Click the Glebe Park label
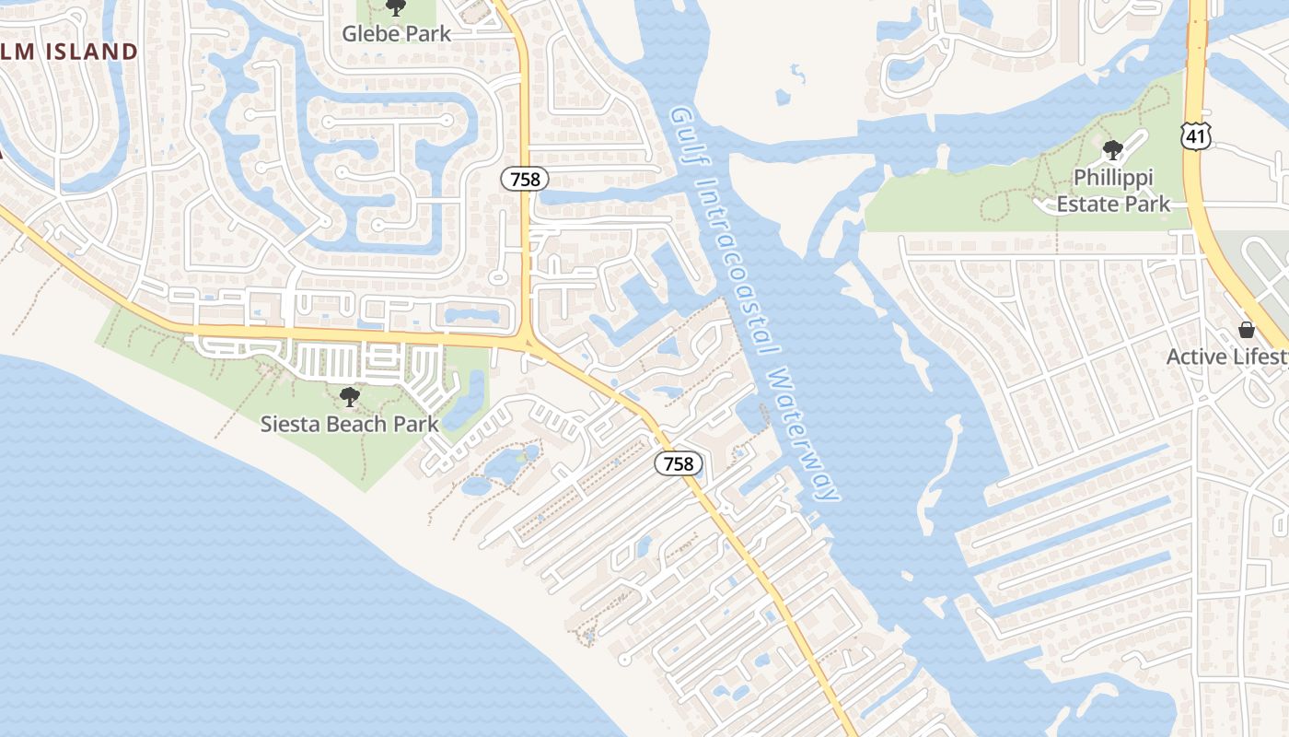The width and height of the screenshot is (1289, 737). (x=397, y=34)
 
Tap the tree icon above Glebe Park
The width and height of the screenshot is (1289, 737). (x=396, y=8)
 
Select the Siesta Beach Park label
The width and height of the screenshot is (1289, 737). (x=349, y=425)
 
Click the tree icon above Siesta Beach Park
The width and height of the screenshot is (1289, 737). (x=349, y=397)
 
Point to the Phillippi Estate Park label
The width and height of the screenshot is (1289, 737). (x=1113, y=190)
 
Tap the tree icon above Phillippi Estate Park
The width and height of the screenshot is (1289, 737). (x=1112, y=149)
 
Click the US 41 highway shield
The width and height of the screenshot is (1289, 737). (x=1196, y=137)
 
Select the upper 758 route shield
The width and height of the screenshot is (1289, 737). (x=525, y=179)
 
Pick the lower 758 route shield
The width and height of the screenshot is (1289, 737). (x=679, y=463)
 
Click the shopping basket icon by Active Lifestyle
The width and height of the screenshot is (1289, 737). (x=1247, y=330)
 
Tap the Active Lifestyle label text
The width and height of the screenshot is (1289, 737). (x=1226, y=357)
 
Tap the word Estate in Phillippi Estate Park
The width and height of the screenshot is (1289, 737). (x=1088, y=204)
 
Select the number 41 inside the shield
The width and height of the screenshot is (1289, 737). (x=1196, y=137)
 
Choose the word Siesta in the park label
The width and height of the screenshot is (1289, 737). (x=288, y=425)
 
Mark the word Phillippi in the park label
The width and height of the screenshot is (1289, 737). (x=1113, y=177)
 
